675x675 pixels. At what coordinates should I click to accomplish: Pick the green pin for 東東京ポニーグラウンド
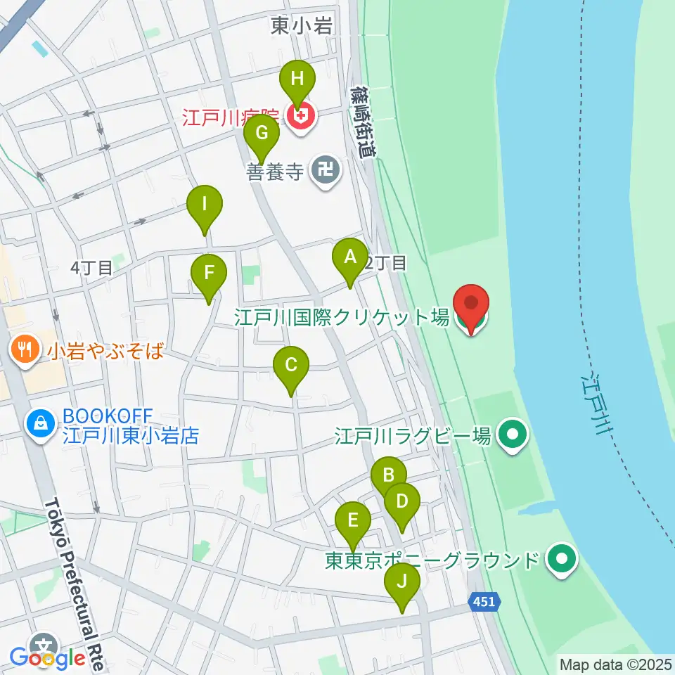pyautogui.click(x=562, y=560)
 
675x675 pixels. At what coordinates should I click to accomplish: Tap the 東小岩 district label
pyautogui.click(x=302, y=27)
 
